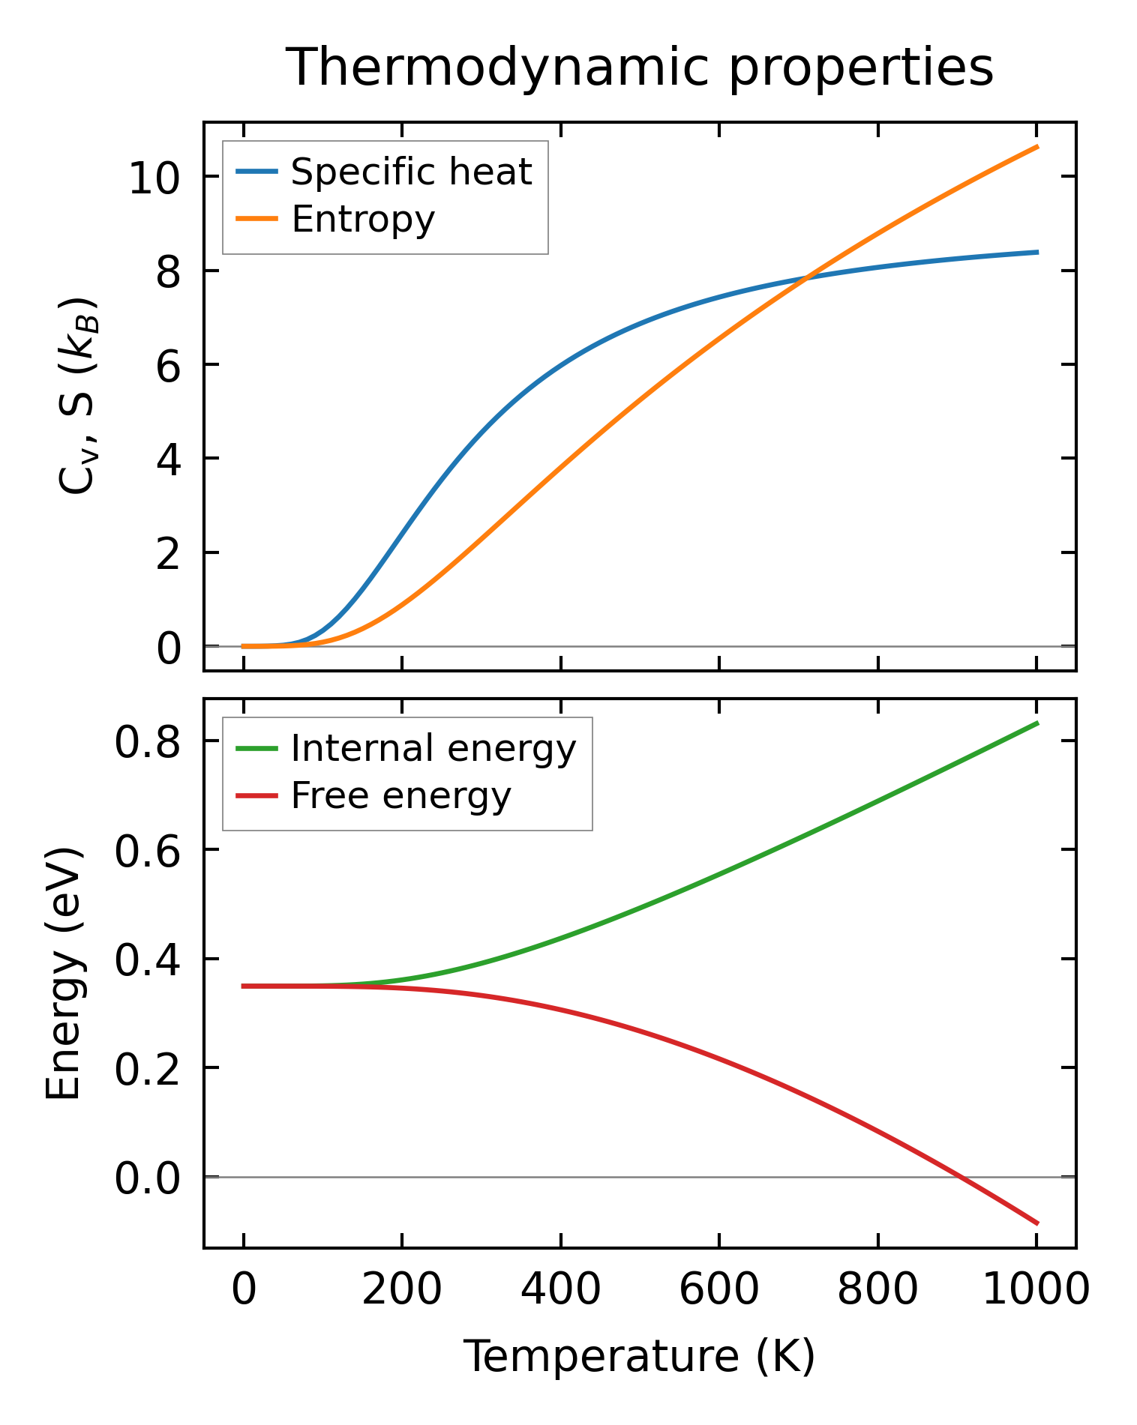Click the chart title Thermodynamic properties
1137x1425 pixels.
click(x=640, y=67)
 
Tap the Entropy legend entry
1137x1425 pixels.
click(x=363, y=219)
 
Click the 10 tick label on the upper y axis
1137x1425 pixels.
click(x=154, y=178)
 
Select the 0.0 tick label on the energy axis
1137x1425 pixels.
click(x=147, y=1178)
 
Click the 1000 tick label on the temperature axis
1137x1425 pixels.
click(x=1036, y=1290)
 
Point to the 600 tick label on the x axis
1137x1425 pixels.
click(x=718, y=1290)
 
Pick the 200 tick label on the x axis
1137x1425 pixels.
click(x=402, y=1290)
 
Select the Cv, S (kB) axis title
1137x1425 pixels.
click(x=76, y=396)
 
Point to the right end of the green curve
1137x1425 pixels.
click(x=1037, y=723)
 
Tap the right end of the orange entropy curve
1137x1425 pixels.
click(x=1037, y=146)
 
